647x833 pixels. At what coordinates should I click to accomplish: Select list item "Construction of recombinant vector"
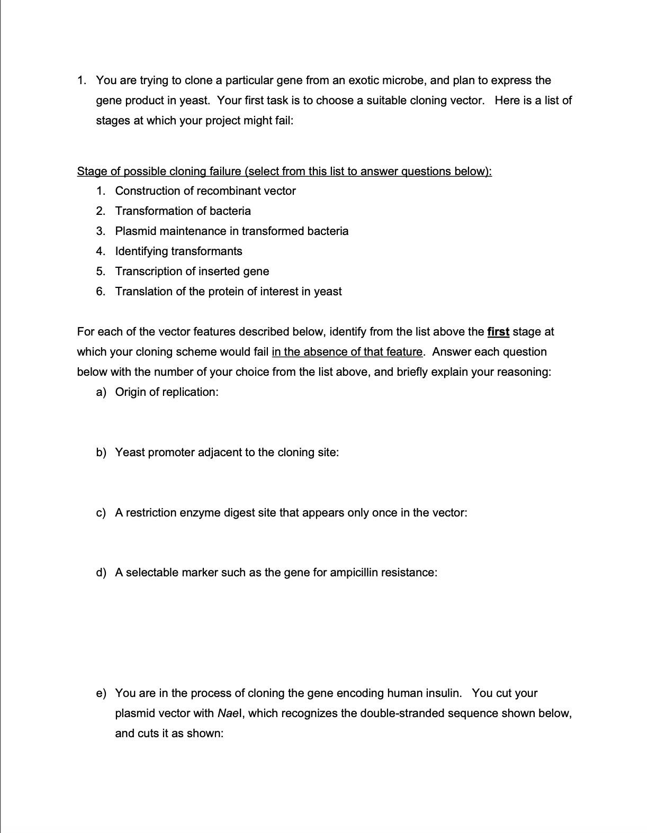point(205,191)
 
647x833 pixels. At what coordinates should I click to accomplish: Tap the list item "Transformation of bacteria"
point(183,211)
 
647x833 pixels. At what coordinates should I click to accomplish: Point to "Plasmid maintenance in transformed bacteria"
point(232,231)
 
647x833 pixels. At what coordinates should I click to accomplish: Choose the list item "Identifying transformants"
point(178,251)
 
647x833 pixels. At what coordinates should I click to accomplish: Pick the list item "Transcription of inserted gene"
point(192,271)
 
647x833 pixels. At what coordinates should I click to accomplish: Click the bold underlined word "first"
point(498,332)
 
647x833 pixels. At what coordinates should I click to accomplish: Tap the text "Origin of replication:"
point(167,392)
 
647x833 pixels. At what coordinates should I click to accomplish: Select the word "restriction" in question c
point(151,513)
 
